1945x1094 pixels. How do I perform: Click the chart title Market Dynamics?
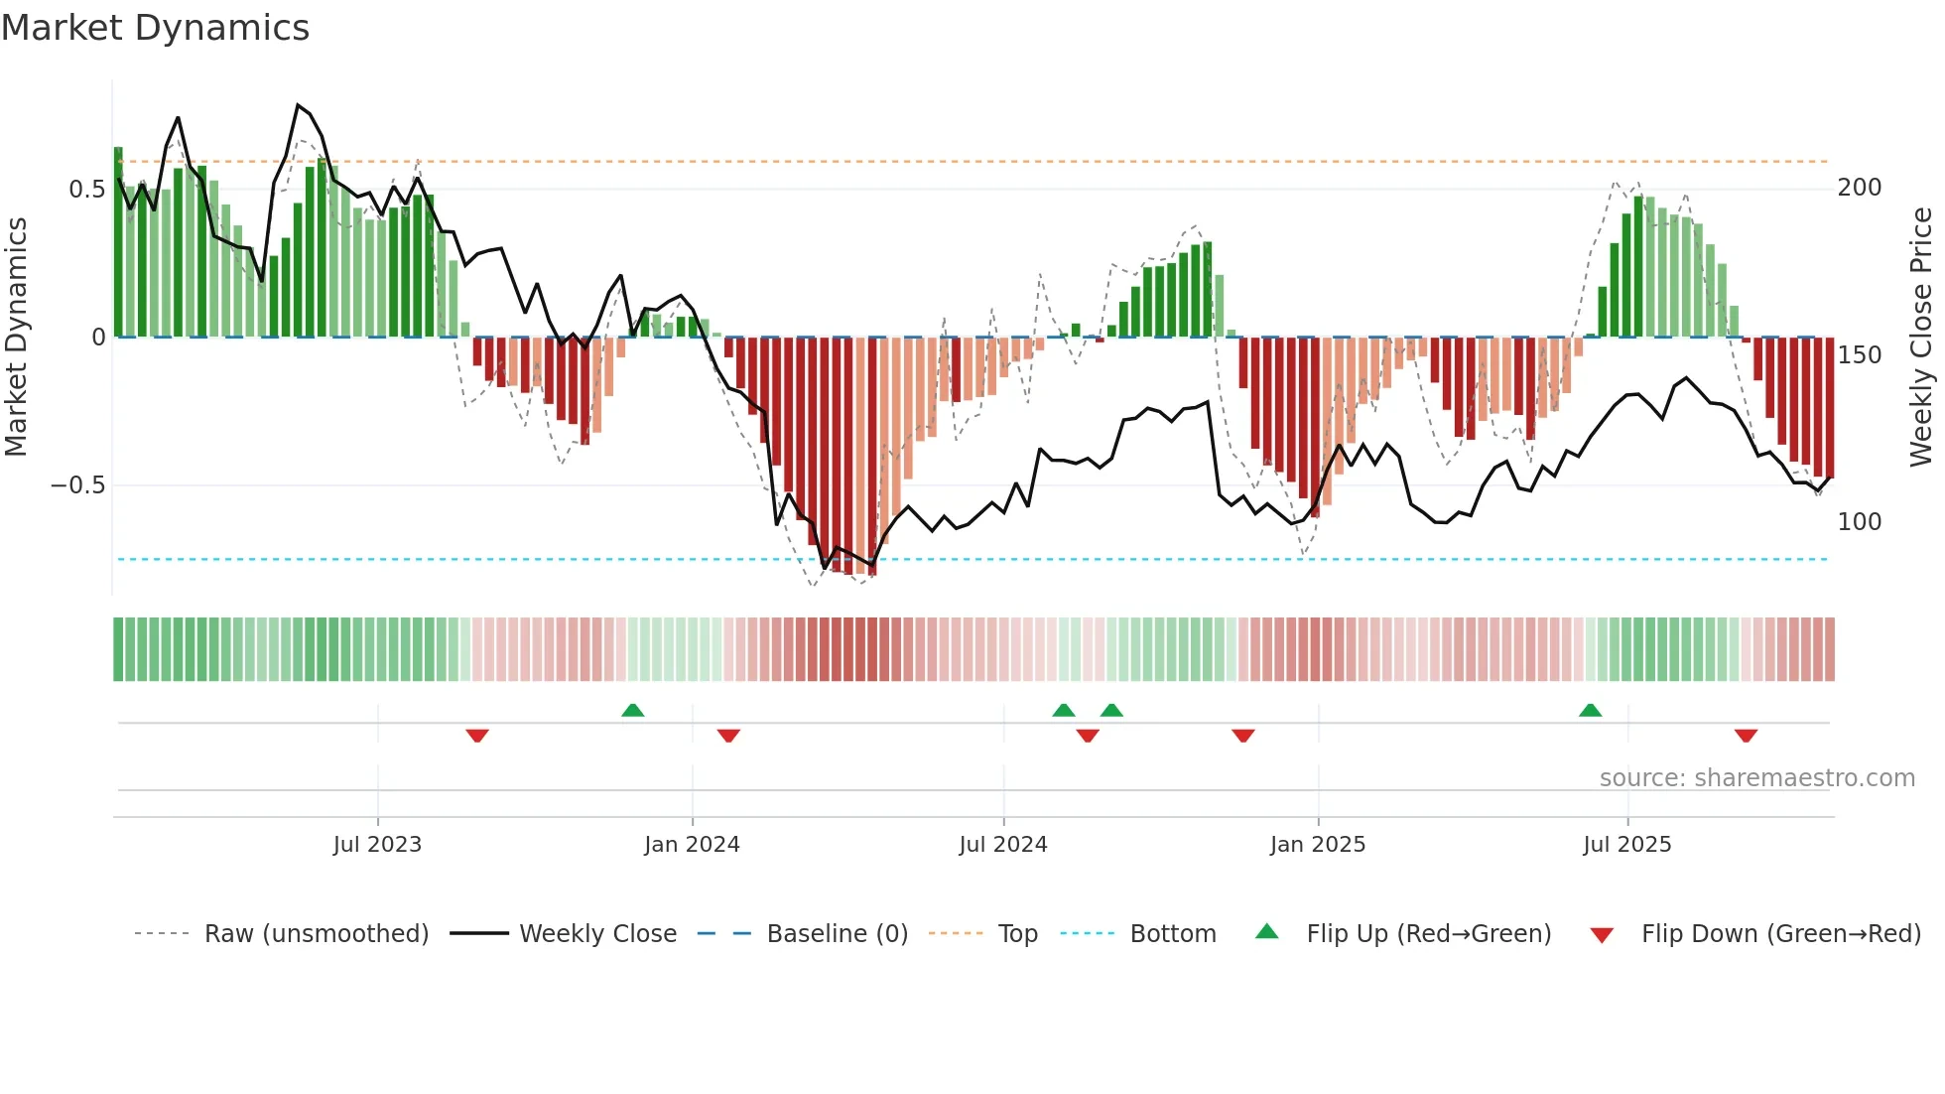point(155,28)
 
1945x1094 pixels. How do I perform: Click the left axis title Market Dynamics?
point(17,337)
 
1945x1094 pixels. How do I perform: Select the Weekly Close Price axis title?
point(1921,337)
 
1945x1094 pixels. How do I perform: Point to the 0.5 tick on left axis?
point(86,189)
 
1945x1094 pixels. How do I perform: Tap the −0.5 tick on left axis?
point(77,485)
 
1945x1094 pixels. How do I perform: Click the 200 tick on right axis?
point(1859,188)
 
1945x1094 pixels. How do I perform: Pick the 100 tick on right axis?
point(1859,522)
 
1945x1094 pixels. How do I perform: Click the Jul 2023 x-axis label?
point(377,845)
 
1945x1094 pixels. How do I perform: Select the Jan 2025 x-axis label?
point(1317,845)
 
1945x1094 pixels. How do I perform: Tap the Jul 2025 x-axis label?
point(1626,845)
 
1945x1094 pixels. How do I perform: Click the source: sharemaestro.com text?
point(1756,778)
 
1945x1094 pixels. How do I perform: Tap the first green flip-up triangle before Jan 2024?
point(632,710)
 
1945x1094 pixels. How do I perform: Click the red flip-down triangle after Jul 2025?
point(1746,736)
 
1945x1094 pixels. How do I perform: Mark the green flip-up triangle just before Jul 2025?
point(1590,710)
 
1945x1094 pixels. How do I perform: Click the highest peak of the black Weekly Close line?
point(298,104)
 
